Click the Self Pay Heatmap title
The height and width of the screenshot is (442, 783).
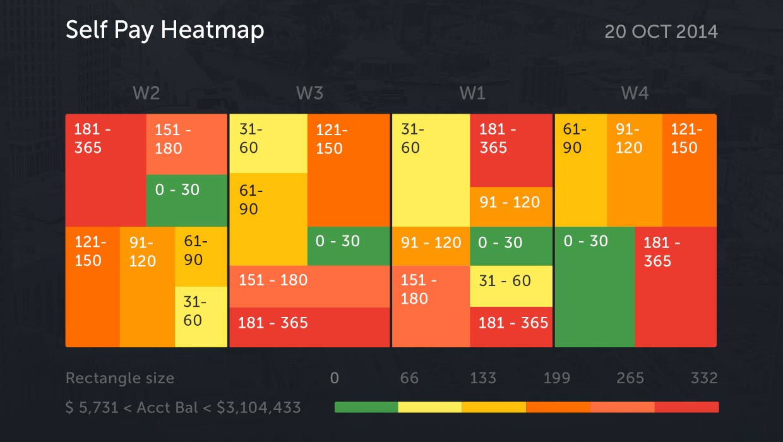165,30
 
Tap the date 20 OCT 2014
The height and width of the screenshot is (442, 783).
660,32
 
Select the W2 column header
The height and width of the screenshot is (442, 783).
146,93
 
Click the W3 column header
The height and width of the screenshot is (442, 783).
309,93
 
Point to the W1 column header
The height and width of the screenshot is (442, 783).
472,93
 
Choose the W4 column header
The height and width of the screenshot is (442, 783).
635,93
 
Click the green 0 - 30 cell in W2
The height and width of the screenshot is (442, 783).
186,200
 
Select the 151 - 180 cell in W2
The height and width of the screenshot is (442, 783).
186,144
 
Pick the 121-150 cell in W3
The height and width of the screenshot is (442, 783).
349,170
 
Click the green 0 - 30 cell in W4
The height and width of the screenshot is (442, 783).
594,287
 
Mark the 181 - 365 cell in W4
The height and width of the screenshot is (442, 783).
676,287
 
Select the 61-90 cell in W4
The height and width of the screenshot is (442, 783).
580,170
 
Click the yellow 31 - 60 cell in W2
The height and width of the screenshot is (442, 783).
200,316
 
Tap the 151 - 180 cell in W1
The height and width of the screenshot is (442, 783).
431,306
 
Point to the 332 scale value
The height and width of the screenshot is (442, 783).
704,378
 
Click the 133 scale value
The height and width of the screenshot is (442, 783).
482,378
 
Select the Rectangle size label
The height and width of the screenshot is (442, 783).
120,378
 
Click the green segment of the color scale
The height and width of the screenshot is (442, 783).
366,407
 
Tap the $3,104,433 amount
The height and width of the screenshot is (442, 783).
259,407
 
